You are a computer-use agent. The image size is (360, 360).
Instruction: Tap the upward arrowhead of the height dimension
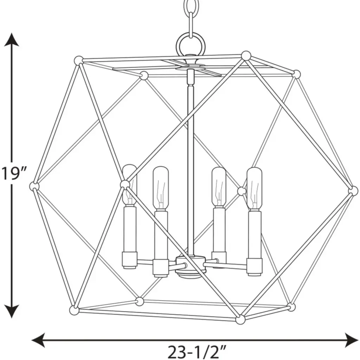pyautogui.click(x=12, y=39)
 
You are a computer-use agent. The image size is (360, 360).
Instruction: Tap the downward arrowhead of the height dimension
pyautogui.click(x=12, y=311)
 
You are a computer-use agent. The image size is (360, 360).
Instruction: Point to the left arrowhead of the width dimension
pyautogui.click(x=38, y=340)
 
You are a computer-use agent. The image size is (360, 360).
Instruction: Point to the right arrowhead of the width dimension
pyautogui.click(x=351, y=340)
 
